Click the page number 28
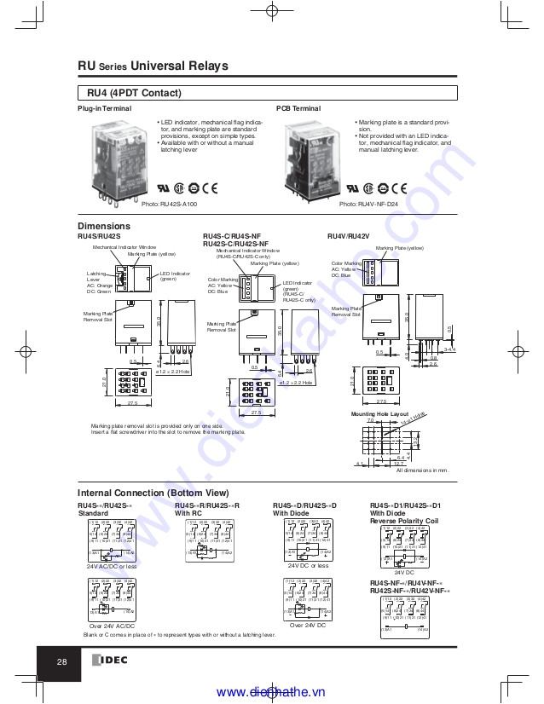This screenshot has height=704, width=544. click(x=62, y=662)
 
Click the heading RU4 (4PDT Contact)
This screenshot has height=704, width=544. click(x=135, y=93)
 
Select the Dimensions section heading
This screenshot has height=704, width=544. click(x=104, y=226)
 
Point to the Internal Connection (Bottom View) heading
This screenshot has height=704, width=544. click(x=153, y=493)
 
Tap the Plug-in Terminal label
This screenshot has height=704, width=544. click(x=104, y=109)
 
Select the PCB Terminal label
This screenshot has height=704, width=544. click(x=298, y=109)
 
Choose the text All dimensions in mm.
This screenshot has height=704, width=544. click(x=422, y=470)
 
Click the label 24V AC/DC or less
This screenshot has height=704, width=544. click(x=112, y=566)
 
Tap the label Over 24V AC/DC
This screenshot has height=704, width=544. click(x=112, y=626)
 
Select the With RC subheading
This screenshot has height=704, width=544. click(x=189, y=514)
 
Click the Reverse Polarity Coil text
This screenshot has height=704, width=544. click(x=404, y=521)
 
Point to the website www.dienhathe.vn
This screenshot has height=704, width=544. click(x=272, y=692)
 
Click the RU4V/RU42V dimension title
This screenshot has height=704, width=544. click(x=349, y=235)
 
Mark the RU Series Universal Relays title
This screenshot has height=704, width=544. click(x=153, y=66)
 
